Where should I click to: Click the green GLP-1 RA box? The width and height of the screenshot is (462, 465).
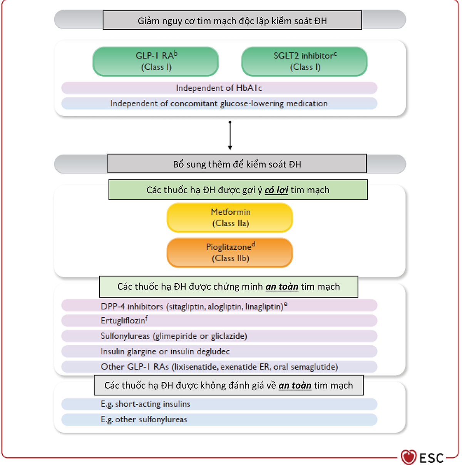(156, 62)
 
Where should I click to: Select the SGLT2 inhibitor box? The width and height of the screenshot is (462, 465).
(305, 62)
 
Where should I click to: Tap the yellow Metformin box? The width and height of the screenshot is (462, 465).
(229, 217)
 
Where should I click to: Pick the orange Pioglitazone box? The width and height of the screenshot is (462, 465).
(229, 253)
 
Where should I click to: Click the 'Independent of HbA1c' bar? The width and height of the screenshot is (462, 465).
(219, 88)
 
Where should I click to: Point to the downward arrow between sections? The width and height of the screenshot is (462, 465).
(230, 135)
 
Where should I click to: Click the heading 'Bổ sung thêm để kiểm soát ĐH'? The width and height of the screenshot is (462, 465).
(237, 164)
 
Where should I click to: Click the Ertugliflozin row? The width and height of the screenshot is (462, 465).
(219, 320)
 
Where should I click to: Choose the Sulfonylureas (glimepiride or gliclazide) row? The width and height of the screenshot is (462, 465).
(219, 336)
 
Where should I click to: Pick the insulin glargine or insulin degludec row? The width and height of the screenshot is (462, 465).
(219, 351)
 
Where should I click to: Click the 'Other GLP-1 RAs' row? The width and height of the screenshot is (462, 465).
(219, 367)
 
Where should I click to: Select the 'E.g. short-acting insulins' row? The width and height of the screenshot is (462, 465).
(219, 404)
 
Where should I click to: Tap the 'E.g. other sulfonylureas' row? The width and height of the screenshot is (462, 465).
(219, 420)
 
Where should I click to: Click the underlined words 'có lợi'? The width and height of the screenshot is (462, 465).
(276, 190)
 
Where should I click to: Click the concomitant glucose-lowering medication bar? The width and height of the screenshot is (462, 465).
(219, 103)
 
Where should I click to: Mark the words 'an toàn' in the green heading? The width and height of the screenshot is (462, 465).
(282, 287)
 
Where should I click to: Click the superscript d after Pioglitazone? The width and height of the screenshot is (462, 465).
(253, 244)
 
